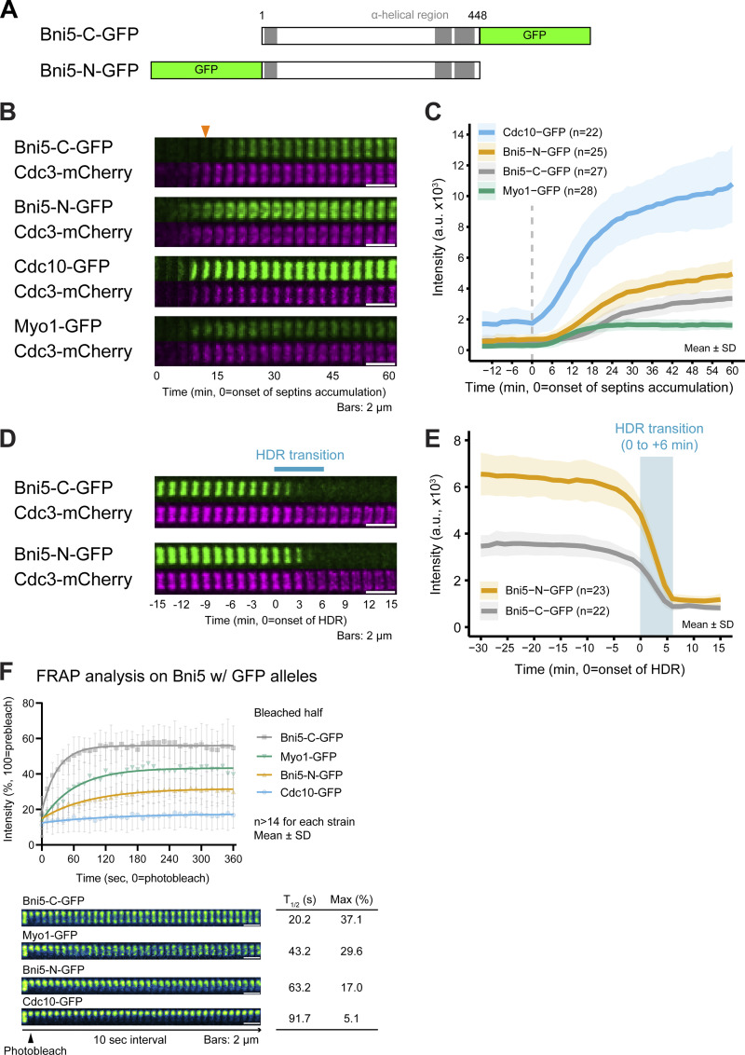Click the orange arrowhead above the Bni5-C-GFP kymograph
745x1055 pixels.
(x=205, y=131)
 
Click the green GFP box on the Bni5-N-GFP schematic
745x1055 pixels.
(x=207, y=70)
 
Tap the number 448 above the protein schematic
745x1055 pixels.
(x=478, y=15)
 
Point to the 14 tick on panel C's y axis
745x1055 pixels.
(x=458, y=134)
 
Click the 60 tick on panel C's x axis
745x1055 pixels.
(x=732, y=370)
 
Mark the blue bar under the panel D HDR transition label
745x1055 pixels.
(x=299, y=470)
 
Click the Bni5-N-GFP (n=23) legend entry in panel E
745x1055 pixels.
(x=545, y=590)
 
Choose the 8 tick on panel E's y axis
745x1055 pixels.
(x=457, y=441)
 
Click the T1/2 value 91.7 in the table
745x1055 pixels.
(x=300, y=1018)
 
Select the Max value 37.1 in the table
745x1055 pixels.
(x=351, y=919)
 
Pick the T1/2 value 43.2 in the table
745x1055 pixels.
(x=300, y=952)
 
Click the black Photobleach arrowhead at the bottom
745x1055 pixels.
(x=30, y=1039)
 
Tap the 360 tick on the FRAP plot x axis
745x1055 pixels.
(x=234, y=859)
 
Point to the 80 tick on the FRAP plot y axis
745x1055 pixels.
(x=29, y=703)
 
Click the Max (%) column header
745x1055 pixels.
(x=352, y=899)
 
